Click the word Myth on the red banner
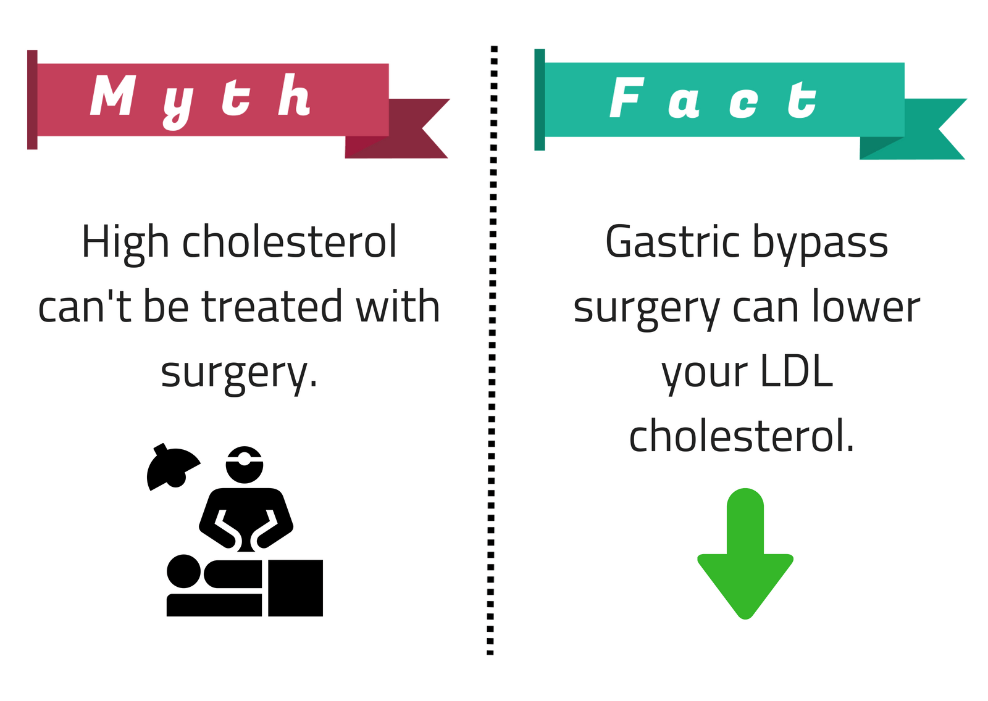[x=201, y=101]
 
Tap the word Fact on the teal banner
[x=713, y=97]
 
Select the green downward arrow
[x=745, y=554]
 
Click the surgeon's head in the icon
[x=245, y=465]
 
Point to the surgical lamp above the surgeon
[x=172, y=467]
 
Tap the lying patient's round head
[x=183, y=571]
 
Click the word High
[x=125, y=244]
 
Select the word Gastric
[x=672, y=242]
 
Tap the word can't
[x=85, y=307]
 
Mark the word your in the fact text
[x=705, y=375]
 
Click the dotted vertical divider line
[x=492, y=350]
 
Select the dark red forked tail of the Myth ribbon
[x=397, y=128]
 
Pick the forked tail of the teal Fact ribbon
[x=913, y=129]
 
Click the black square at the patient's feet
[x=296, y=587]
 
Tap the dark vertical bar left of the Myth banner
[x=32, y=99]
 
